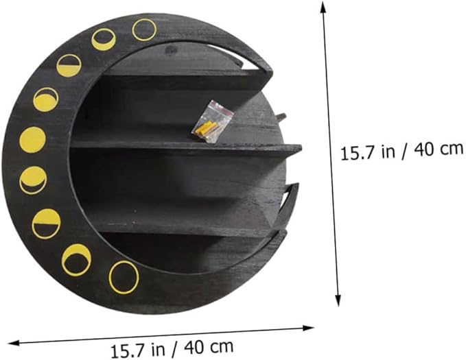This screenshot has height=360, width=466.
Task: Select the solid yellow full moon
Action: pyautogui.click(x=33, y=140)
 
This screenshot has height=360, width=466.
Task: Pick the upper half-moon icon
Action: pyautogui.click(x=69, y=66)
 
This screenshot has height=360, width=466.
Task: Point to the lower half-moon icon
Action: pyautogui.click(x=47, y=224)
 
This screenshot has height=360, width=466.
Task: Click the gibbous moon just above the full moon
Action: pyautogui.click(x=45, y=99)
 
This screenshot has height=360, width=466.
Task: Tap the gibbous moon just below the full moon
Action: pyautogui.click(x=33, y=180)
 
